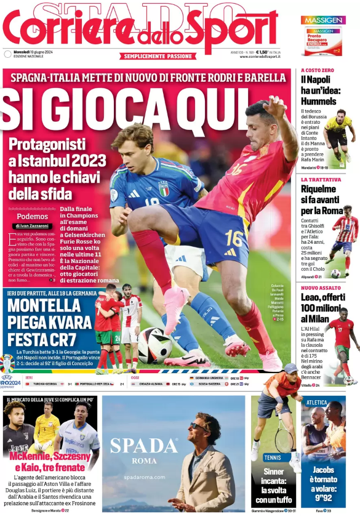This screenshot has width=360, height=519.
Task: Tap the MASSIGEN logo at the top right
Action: coord(322,20)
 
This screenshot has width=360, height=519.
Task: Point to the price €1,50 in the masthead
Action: coord(263,53)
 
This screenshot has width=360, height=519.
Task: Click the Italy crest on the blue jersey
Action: coord(164,188)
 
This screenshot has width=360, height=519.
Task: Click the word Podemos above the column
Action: coord(33,216)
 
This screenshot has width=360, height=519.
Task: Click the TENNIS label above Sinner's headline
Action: coord(272,457)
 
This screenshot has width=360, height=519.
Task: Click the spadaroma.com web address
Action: coord(144,477)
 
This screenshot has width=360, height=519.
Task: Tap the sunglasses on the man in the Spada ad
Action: coord(199,426)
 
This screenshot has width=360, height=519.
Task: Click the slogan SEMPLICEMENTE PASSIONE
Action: coord(158,56)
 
